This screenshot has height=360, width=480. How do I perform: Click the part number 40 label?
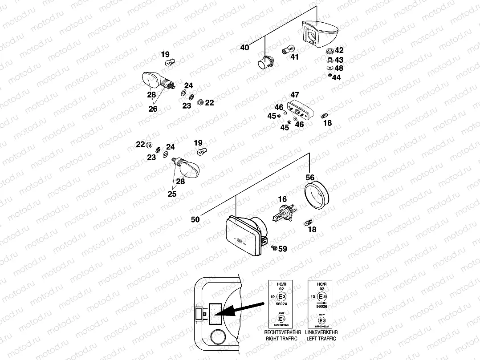[245, 48]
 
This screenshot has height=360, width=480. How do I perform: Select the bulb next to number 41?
[287, 50]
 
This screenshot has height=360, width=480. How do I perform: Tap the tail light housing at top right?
[319, 33]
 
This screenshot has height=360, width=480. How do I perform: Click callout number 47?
[295, 95]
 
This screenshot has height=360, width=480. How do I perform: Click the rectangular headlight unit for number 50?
[245, 234]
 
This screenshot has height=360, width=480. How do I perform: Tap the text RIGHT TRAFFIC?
[282, 339]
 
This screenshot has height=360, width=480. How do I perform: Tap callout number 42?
[339, 50]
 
